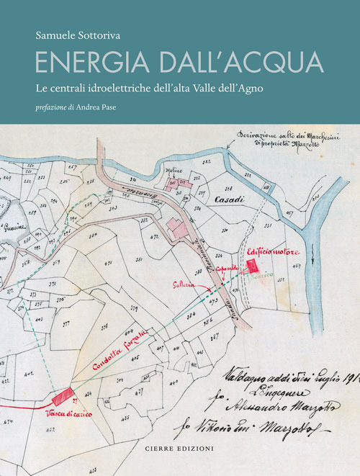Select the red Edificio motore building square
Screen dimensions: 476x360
pos(252,266)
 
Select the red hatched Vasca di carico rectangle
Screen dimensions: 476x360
pos(63,396)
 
